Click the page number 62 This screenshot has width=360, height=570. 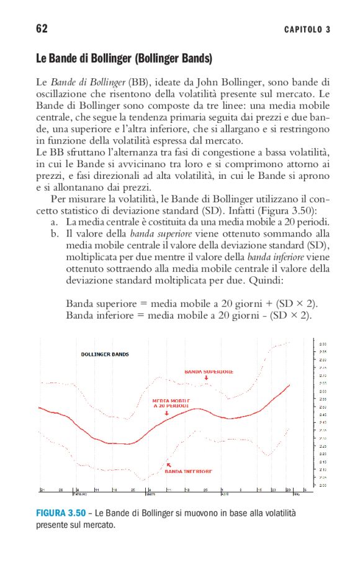42,29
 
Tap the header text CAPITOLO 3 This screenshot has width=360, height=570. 307,30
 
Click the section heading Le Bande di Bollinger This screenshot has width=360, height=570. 124,60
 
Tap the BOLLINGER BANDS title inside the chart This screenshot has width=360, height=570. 105,354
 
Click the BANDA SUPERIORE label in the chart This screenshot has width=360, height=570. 209,372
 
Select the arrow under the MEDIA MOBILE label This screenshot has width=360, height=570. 166,412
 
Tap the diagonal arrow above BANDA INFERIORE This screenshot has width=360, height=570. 168,464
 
